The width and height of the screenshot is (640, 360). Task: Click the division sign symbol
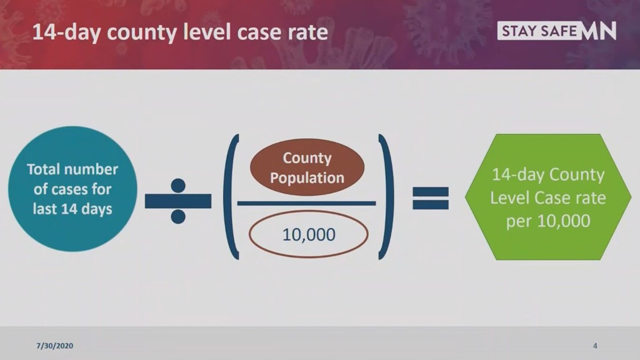tap(178, 201)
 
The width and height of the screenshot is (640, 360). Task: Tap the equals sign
tap(431, 198)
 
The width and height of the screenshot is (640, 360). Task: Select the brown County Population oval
tap(307, 167)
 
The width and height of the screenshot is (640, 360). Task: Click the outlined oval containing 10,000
tap(309, 234)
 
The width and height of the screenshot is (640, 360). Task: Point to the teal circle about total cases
tap(72, 189)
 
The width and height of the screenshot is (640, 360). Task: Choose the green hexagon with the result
tap(548, 197)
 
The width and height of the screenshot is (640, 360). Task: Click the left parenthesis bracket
tap(231, 197)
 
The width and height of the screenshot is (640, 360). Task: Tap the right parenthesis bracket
tap(386, 197)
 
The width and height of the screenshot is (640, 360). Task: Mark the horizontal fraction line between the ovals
tap(307, 203)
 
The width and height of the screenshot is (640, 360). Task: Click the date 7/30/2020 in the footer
tap(54, 346)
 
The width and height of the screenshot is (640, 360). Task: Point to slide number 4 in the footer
tap(595, 346)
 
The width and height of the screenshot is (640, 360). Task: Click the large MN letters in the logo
tap(598, 31)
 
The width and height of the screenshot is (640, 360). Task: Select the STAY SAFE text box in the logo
tap(539, 31)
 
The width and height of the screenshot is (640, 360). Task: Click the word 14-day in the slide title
tap(67, 33)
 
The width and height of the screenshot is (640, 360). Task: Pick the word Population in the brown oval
tap(307, 179)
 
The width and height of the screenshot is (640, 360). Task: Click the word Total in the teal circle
tap(43, 169)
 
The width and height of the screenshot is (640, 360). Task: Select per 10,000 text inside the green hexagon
tap(548, 221)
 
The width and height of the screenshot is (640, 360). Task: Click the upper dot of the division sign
tap(178, 185)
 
